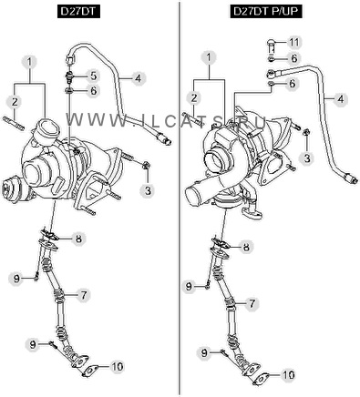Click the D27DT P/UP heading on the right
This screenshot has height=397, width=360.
pos(266,12)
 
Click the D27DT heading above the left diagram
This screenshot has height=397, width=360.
pos(78,12)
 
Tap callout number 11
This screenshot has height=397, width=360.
pos(293,42)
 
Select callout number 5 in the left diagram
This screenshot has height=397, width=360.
pos(93,76)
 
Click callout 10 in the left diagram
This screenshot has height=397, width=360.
pos(117,366)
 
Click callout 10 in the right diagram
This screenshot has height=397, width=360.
pos(288,375)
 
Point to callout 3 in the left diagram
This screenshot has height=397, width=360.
pos(148,191)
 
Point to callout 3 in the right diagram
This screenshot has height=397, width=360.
pos(307,158)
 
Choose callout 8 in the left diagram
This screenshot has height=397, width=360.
pos(78,239)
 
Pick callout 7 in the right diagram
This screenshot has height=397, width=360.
pos(252,303)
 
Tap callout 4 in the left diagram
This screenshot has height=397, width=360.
pos(139,78)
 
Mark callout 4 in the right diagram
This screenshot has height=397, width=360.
pos(340,99)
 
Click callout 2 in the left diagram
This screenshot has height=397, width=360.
pos(15,102)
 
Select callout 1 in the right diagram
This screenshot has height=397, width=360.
pos(209,57)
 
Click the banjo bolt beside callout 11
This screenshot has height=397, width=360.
pos(272,44)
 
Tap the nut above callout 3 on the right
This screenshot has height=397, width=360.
pos(306,132)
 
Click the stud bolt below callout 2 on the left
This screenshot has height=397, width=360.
pos(14,124)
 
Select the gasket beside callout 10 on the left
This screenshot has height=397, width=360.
pos(89,371)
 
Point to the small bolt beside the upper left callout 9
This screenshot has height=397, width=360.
pos(36,277)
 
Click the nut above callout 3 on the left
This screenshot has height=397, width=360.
pos(146,165)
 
